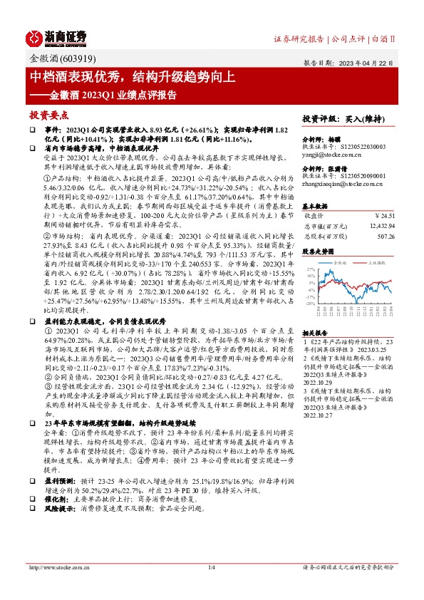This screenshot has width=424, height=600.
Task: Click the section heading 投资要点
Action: click(x=48, y=114)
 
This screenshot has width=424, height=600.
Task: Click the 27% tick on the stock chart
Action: click(x=310, y=269)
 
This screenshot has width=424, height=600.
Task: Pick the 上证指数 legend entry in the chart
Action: click(x=376, y=262)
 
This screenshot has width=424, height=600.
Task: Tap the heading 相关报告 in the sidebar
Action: click(x=315, y=333)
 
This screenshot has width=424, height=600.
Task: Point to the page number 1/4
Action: click(x=211, y=587)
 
